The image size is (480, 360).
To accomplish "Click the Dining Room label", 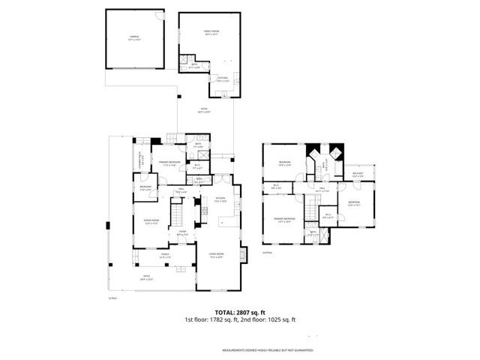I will pyautogui.click(x=151, y=221).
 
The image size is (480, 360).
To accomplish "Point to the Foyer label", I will pyautogui.click(x=182, y=233).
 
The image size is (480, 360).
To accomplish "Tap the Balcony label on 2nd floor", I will pyautogui.click(x=357, y=175).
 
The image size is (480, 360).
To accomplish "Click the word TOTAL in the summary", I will pyautogui.click(x=227, y=312).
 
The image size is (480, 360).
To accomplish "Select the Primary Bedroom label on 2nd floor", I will pyautogui.click(x=284, y=219).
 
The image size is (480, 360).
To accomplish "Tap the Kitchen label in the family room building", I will pyautogui.click(x=223, y=78).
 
